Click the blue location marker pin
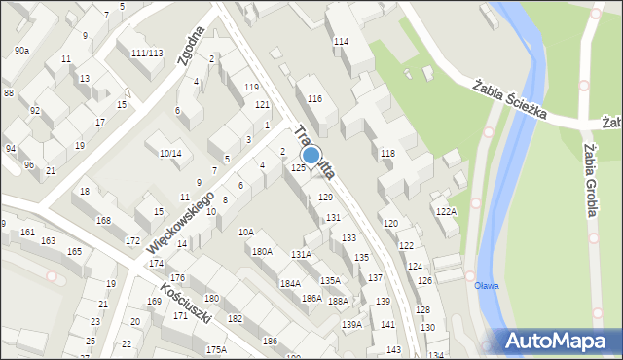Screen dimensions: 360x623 coord(311,155)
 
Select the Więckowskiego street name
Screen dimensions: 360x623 coord(180,223)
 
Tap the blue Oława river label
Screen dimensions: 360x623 coord(485,285)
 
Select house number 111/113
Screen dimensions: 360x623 coord(147,53)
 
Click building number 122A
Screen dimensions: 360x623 coord(446,211)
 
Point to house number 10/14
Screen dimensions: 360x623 coord(170,153)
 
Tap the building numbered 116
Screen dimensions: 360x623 coord(314,99)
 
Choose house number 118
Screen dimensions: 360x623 coord(387,154)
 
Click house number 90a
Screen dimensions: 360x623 coord(21,50)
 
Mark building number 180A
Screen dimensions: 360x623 coord(262,251)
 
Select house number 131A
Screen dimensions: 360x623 coord(302,254)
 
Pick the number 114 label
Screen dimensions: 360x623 coord(341,42)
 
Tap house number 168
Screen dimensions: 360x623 coord(103,221)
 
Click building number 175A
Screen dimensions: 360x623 coord(216,349)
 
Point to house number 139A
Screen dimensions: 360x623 coord(351,324)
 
